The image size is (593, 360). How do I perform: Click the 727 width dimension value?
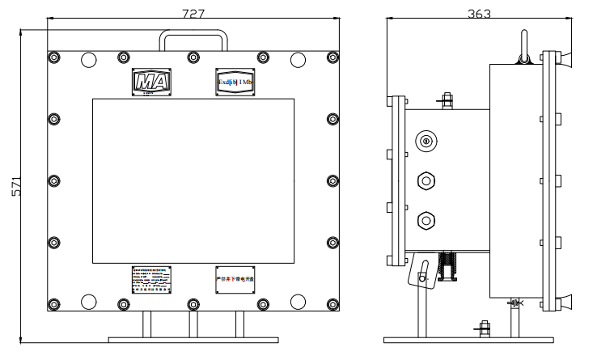193,14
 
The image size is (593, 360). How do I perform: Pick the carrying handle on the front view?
193,39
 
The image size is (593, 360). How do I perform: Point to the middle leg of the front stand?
193,324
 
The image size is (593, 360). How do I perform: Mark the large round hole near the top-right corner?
299,59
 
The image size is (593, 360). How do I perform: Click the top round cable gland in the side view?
423,142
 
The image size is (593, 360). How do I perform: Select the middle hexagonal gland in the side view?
423,180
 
